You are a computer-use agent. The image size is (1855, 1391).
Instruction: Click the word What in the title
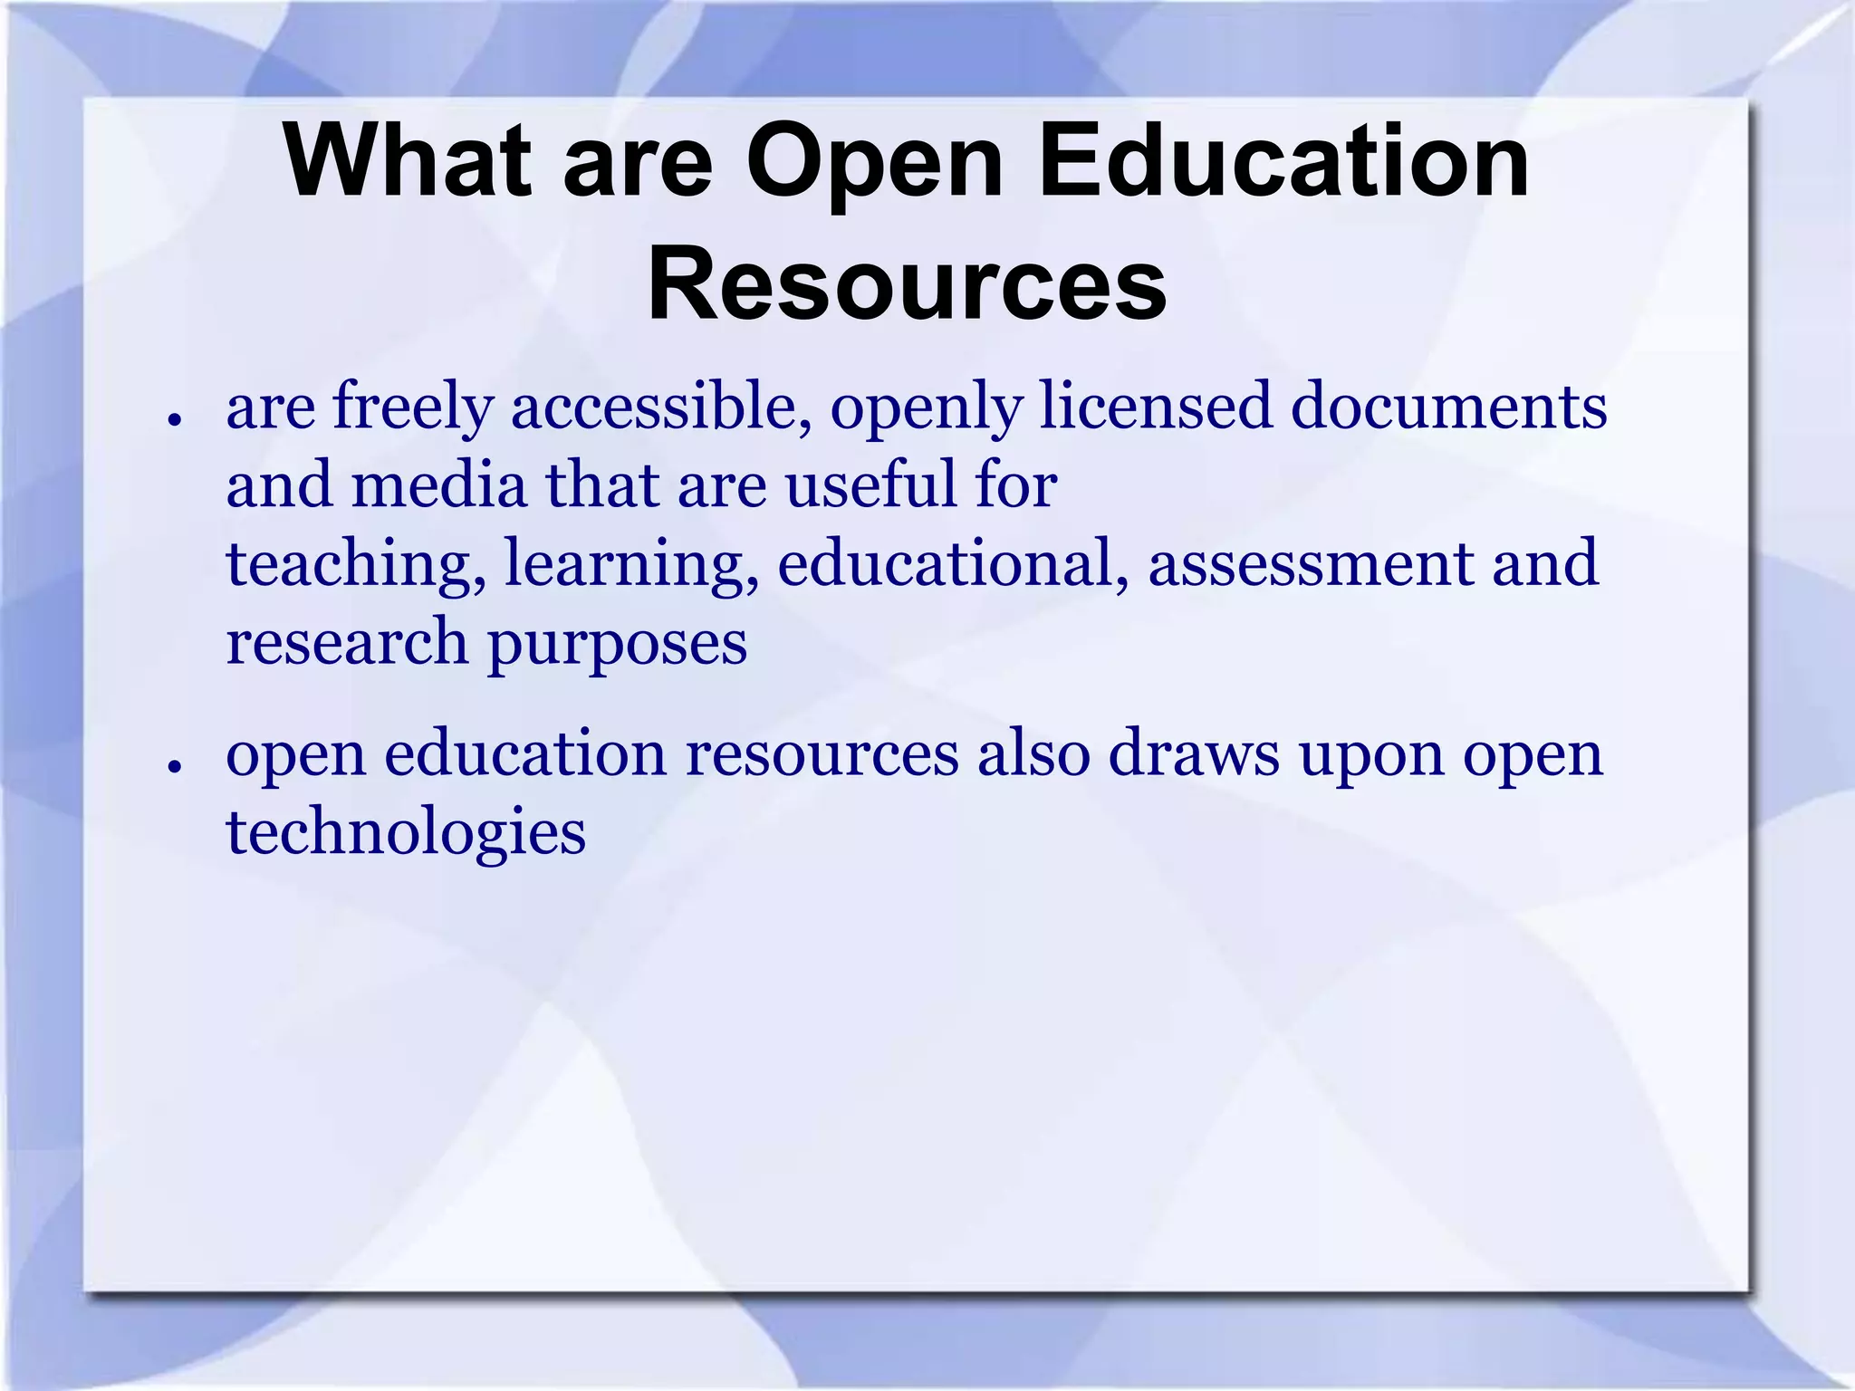point(407,162)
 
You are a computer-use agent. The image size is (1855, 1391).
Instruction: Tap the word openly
point(926,408)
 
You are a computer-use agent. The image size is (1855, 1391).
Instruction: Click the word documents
point(1448,406)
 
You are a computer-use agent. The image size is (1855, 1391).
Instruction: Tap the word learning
point(630,564)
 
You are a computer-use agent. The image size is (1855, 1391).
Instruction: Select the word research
point(347,642)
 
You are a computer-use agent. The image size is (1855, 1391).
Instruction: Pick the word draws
point(1194,753)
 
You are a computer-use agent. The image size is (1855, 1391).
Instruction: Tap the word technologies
point(406,833)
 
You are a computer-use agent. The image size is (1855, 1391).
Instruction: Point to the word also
point(1033,753)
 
